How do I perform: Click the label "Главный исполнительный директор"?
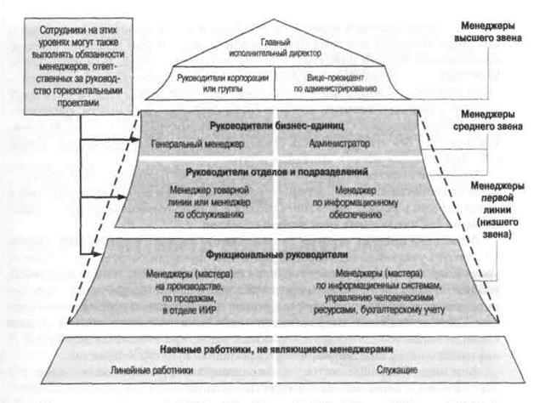tap(275, 47)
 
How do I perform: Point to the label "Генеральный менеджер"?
tap(197, 144)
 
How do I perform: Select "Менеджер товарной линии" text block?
tap(207, 202)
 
